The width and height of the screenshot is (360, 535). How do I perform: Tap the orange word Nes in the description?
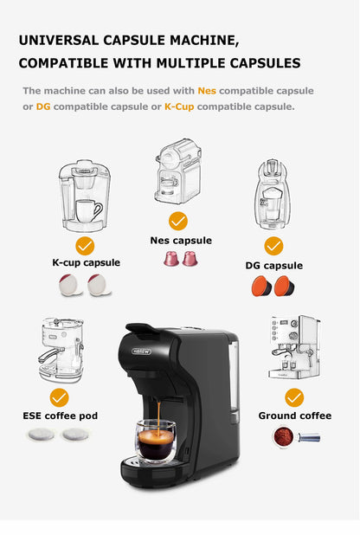point(207,90)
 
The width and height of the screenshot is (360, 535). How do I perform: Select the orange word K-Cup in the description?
point(179,106)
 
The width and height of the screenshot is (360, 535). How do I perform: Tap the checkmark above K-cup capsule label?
point(85,245)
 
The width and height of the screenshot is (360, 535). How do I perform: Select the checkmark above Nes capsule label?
point(178,221)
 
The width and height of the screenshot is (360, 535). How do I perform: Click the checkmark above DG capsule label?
point(273,245)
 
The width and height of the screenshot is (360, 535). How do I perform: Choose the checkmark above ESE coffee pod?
point(59,397)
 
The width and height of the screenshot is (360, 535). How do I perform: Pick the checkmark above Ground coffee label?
point(294,397)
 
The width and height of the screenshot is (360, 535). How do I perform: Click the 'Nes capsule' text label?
point(179,241)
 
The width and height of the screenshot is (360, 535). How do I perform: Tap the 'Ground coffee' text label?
point(294,416)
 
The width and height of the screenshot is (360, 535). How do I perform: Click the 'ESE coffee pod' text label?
point(60,416)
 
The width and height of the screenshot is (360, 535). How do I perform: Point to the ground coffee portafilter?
point(294,436)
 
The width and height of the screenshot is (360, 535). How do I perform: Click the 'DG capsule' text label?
point(273,266)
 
